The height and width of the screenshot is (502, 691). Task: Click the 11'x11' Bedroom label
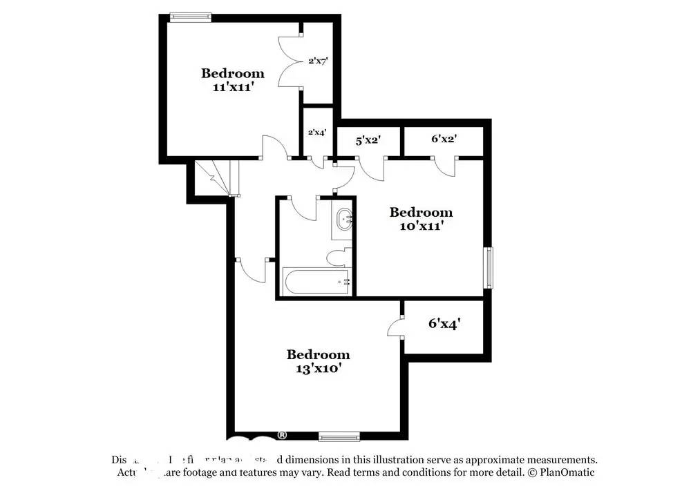232,80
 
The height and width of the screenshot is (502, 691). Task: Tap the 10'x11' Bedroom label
421,219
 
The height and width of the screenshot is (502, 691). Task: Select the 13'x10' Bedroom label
319,361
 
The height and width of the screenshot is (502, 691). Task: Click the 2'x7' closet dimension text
318,61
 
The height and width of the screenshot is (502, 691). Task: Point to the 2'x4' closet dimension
317,132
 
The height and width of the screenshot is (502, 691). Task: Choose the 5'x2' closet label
368,140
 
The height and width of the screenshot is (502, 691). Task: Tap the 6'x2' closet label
444,139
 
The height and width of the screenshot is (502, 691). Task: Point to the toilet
338,258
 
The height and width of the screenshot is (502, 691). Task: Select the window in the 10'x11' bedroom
489,267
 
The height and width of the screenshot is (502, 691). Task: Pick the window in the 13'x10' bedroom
339,436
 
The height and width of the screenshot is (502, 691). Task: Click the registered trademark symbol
282,435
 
